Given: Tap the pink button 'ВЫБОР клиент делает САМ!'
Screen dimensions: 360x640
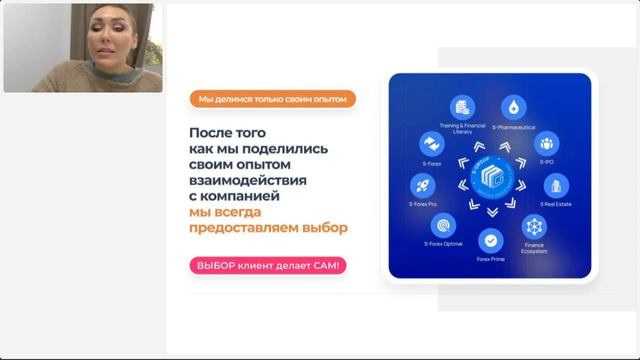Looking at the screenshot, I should click(267, 265).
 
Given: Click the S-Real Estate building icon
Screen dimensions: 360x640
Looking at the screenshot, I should click(556, 185).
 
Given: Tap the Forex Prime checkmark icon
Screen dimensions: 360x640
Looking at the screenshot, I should click(490, 240).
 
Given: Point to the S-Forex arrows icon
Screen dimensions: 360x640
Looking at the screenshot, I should click(431, 143).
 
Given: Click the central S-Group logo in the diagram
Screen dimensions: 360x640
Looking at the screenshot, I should click(490, 173).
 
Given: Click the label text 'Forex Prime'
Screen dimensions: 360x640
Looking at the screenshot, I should click(490, 259).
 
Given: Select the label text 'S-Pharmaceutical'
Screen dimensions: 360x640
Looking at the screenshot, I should click(514, 127).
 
